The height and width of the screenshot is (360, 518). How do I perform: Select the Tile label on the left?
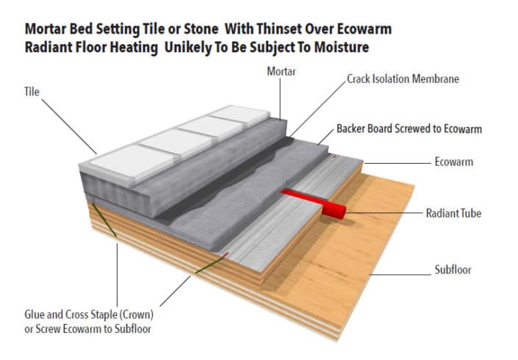click(x=32, y=93)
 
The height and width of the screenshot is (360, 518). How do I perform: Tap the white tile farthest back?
click(x=243, y=116)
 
